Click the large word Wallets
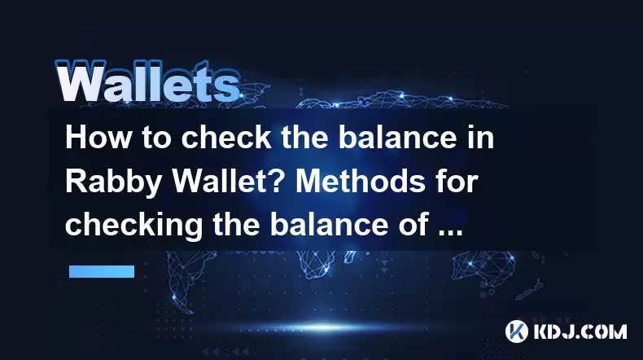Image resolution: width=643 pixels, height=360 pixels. [x=147, y=81]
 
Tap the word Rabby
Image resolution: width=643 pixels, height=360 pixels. [x=114, y=182]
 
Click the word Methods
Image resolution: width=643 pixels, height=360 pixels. [x=361, y=181]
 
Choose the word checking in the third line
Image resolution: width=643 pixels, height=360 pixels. [x=134, y=226]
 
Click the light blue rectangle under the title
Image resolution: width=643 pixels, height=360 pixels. [x=102, y=271]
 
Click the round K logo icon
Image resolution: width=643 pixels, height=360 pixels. [x=517, y=331]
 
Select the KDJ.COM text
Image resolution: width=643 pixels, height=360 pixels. [x=580, y=331]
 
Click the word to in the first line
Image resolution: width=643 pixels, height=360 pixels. [x=156, y=138]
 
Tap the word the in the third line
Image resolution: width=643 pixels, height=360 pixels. [x=237, y=225]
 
